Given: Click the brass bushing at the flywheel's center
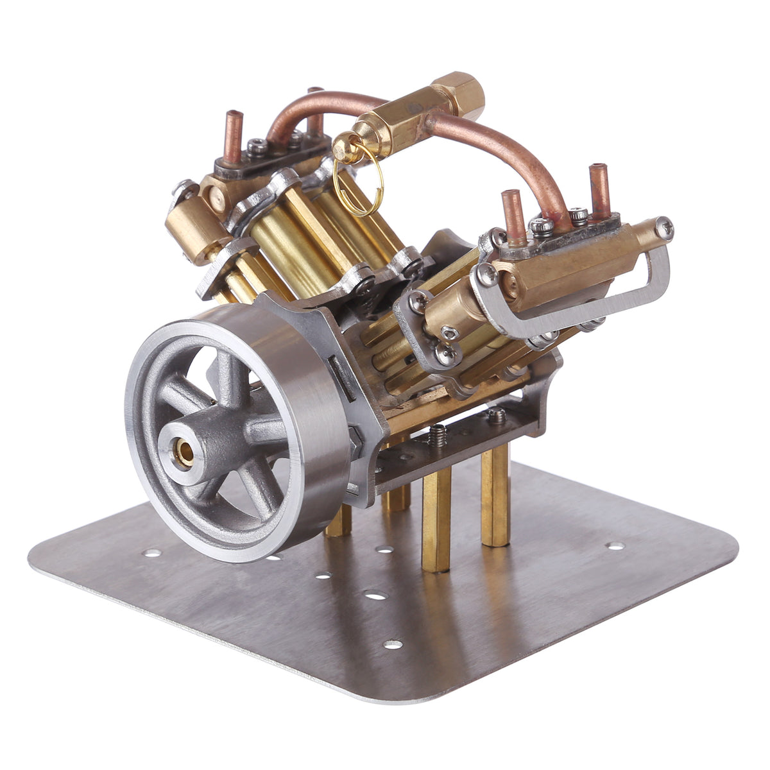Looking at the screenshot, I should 185,453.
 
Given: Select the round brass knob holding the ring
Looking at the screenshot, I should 347,148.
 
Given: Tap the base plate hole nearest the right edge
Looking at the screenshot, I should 615,546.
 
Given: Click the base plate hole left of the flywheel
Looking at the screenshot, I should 152,552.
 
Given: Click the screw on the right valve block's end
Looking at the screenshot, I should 665,227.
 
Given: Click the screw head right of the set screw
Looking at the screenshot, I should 497,416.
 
